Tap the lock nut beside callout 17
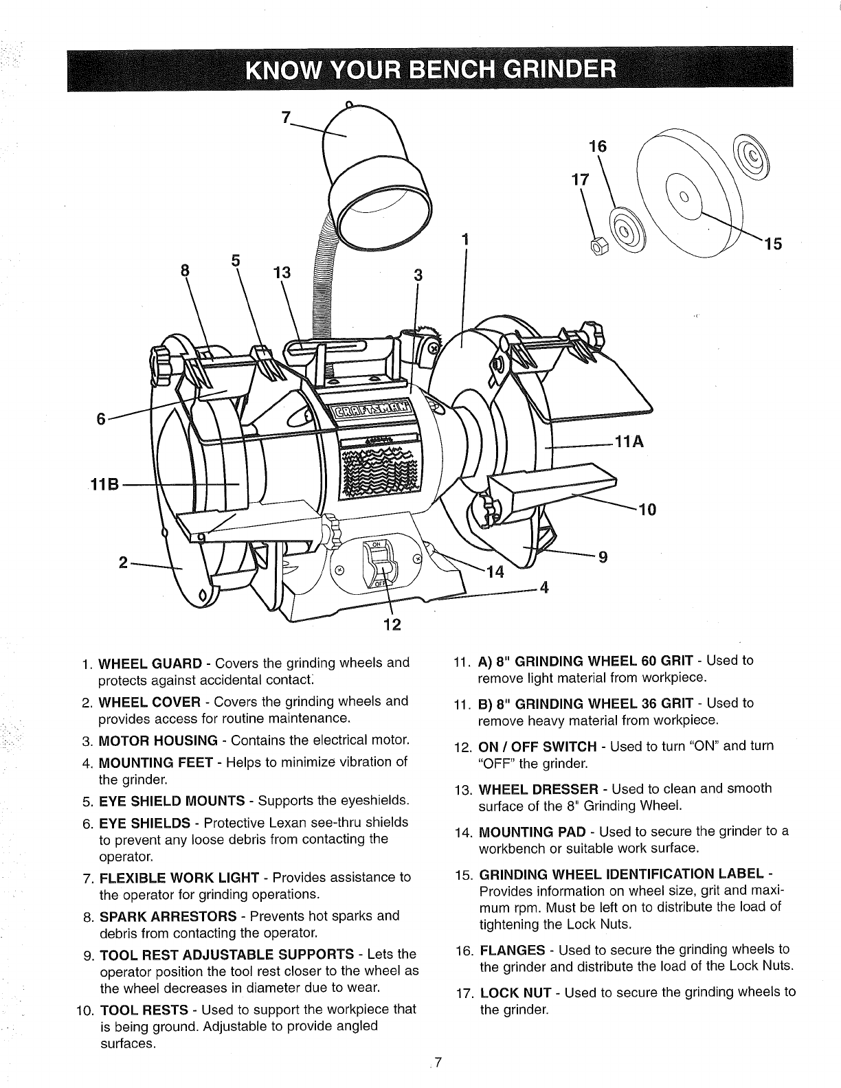pos(597,245)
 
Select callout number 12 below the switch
pos(391,625)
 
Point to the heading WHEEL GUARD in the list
pos(151,664)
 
